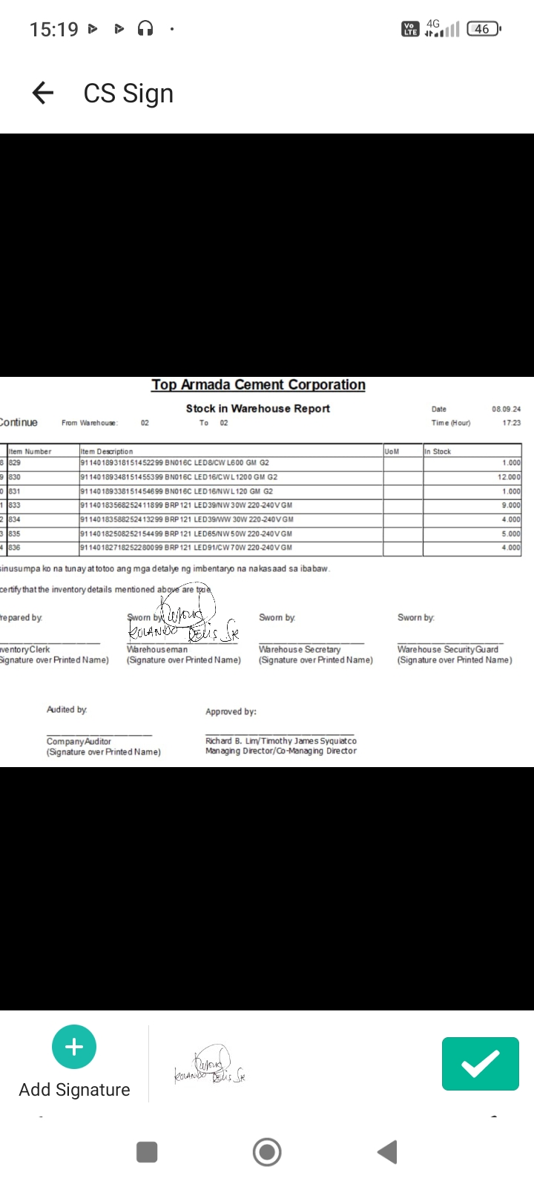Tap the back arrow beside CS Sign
(x=43, y=93)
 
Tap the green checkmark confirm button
(x=480, y=1064)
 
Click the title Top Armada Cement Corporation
(x=258, y=385)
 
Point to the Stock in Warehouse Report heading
(x=257, y=409)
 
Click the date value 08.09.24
(x=506, y=409)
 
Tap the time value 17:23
(x=511, y=423)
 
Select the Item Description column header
(x=107, y=451)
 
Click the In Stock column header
(x=438, y=451)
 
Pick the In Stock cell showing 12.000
(x=509, y=477)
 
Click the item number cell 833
(x=15, y=505)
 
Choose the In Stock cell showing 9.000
(x=511, y=505)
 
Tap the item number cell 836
(x=15, y=548)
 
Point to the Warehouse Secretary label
(x=300, y=649)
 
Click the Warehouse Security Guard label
(x=448, y=649)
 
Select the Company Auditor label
(x=79, y=741)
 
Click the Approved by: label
(x=231, y=711)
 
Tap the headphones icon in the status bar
(x=145, y=29)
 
